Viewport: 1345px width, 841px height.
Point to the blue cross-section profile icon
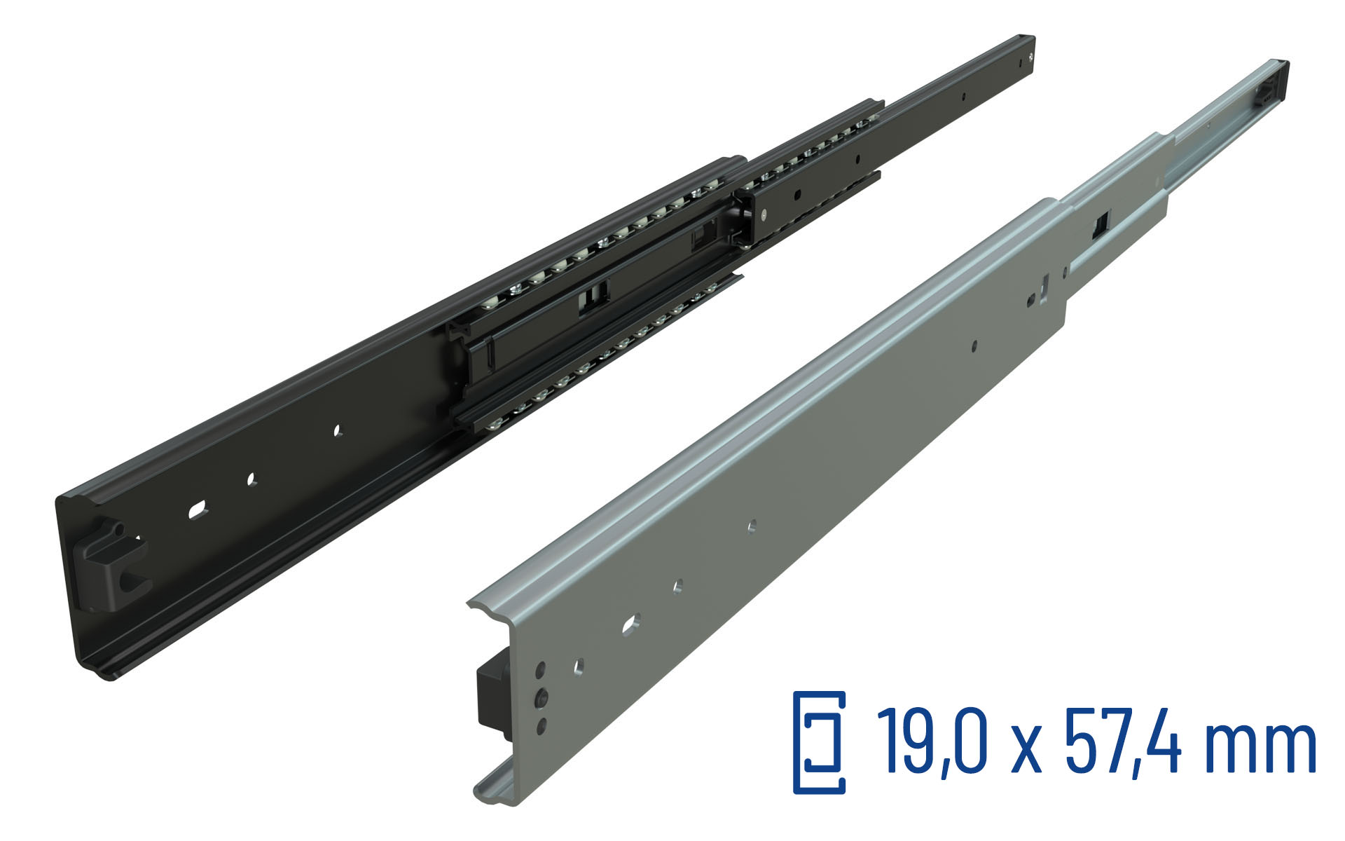(819, 742)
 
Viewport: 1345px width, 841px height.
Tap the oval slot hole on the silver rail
(630, 622)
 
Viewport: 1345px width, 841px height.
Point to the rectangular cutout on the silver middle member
(1101, 226)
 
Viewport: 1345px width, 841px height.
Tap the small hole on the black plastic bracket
(119, 530)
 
